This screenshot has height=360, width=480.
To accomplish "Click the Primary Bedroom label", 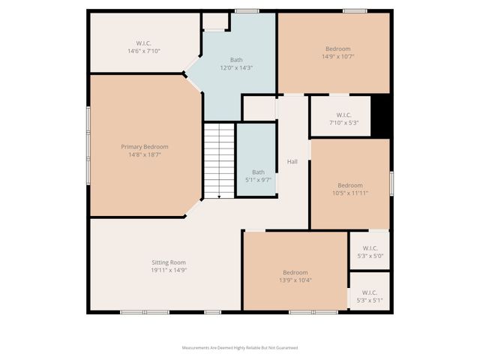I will [145, 146].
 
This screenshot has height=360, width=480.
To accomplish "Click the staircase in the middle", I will [219, 161].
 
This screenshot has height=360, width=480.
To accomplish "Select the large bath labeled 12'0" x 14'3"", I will [236, 64].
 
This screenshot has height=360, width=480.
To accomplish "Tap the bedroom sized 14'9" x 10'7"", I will [335, 52].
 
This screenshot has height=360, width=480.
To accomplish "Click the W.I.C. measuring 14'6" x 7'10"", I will [144, 46].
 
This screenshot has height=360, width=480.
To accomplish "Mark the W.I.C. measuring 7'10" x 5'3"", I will [343, 118].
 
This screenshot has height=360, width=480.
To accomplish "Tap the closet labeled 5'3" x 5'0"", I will [370, 251].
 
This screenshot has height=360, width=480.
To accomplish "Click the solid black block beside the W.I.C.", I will [382, 116].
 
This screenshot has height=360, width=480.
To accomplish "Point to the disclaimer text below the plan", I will [240, 347].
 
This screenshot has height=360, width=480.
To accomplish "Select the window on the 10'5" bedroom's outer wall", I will [391, 184].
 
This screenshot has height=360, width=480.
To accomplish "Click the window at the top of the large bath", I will [246, 10].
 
